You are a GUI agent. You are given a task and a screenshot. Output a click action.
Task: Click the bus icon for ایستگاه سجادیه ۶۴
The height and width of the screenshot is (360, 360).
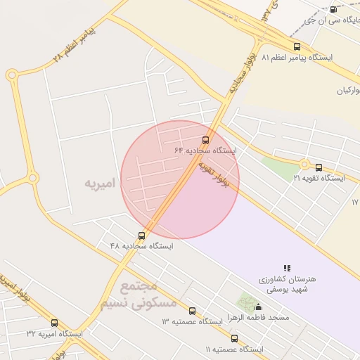pos(205,140)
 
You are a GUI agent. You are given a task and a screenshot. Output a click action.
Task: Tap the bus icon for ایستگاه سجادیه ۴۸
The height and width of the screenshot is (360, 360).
pos(142,236)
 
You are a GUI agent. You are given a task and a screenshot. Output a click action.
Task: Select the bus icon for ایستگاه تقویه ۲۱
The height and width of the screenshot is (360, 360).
pos(319,168)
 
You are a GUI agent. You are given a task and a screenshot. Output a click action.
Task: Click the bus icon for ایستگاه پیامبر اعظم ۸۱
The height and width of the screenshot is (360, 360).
pos(297,46)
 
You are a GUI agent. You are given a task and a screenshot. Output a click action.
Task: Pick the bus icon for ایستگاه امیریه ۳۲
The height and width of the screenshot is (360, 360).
pos(55,323)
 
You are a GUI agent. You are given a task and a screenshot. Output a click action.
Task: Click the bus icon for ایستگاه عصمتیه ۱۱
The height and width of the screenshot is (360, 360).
pos(234,338)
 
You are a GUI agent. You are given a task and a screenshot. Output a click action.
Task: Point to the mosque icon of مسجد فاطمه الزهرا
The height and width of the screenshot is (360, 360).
pos(258,307)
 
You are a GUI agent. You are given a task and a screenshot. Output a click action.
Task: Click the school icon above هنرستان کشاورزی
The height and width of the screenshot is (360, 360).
pos(287,268)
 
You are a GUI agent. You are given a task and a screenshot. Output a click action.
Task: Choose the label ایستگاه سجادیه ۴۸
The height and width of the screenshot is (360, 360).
pos(141,246)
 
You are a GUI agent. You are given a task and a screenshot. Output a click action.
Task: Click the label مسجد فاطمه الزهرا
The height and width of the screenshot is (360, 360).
pos(274,318)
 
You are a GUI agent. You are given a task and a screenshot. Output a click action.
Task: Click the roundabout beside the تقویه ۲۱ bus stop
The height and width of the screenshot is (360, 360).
pos(304,165)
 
